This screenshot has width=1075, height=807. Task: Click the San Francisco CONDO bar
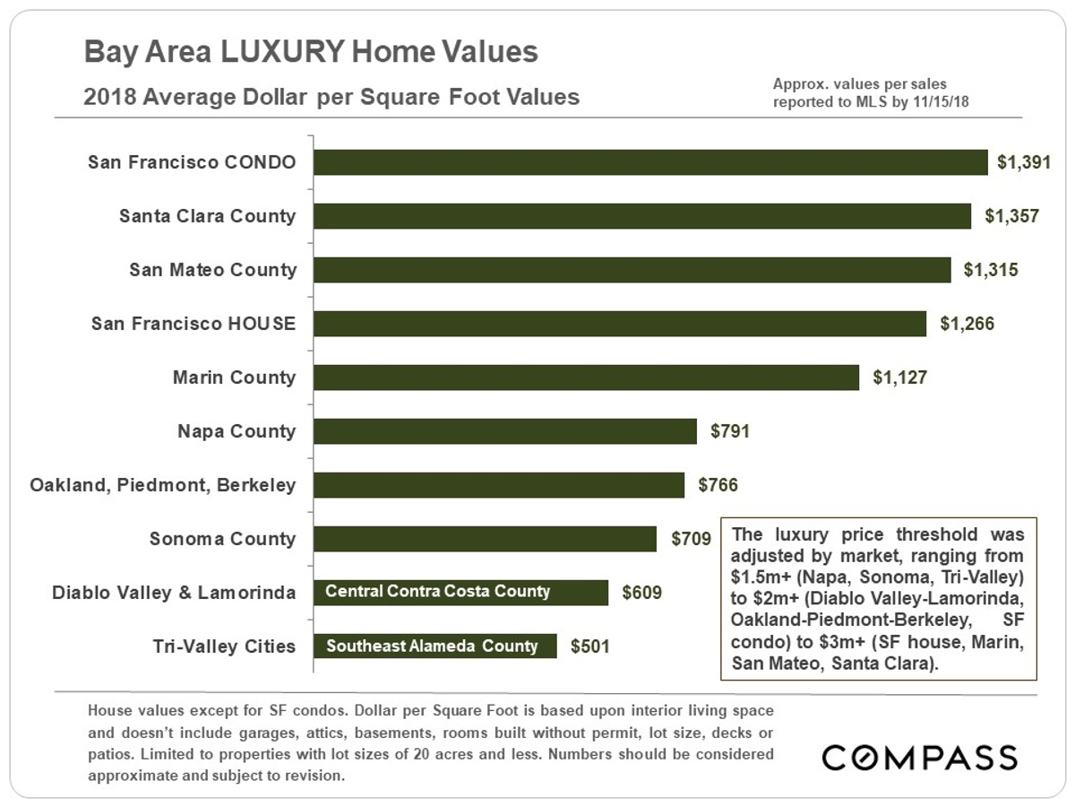pyautogui.click(x=651, y=162)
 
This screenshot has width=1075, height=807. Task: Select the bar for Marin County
pyautogui.click(x=587, y=377)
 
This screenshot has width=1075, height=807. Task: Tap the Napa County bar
pyautogui.click(x=505, y=431)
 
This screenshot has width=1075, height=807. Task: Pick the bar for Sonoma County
pyautogui.click(x=486, y=539)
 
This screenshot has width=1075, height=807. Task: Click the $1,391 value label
pyautogui.click(x=1023, y=162)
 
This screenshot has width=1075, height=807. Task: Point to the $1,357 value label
pyautogui.click(x=1011, y=216)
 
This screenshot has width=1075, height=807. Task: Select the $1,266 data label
pyautogui.click(x=967, y=324)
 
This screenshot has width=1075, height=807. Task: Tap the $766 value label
pyautogui.click(x=718, y=485)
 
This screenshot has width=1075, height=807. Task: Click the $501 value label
pyautogui.click(x=590, y=646)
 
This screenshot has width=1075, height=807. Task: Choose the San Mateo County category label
pyautogui.click(x=212, y=270)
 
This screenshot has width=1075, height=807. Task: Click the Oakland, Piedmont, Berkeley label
pyautogui.click(x=162, y=485)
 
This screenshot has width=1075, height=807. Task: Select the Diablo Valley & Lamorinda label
pyautogui.click(x=174, y=593)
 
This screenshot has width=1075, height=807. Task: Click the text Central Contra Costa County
pyautogui.click(x=437, y=592)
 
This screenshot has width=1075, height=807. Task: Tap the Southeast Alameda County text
pyautogui.click(x=432, y=646)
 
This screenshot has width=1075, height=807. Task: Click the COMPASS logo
pyautogui.click(x=920, y=757)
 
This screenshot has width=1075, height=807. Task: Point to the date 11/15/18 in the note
pyautogui.click(x=942, y=102)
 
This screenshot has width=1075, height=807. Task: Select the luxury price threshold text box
pyautogui.click(x=878, y=599)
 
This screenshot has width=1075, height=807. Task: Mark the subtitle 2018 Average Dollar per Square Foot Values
pyautogui.click(x=331, y=97)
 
